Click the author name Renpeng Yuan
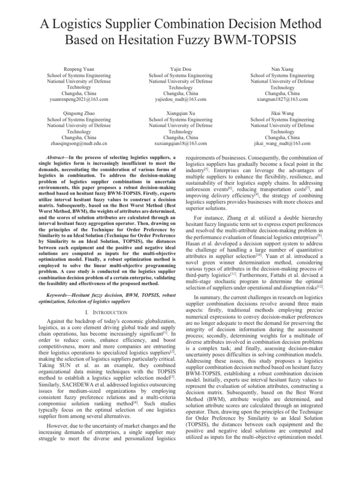point(79,68)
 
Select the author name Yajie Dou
point(180,68)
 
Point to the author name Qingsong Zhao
point(79,113)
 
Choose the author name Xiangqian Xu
point(180,113)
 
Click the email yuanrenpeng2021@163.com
point(79,99)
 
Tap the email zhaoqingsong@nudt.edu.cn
point(79,144)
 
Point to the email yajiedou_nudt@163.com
point(180,99)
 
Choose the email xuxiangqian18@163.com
point(180,144)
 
